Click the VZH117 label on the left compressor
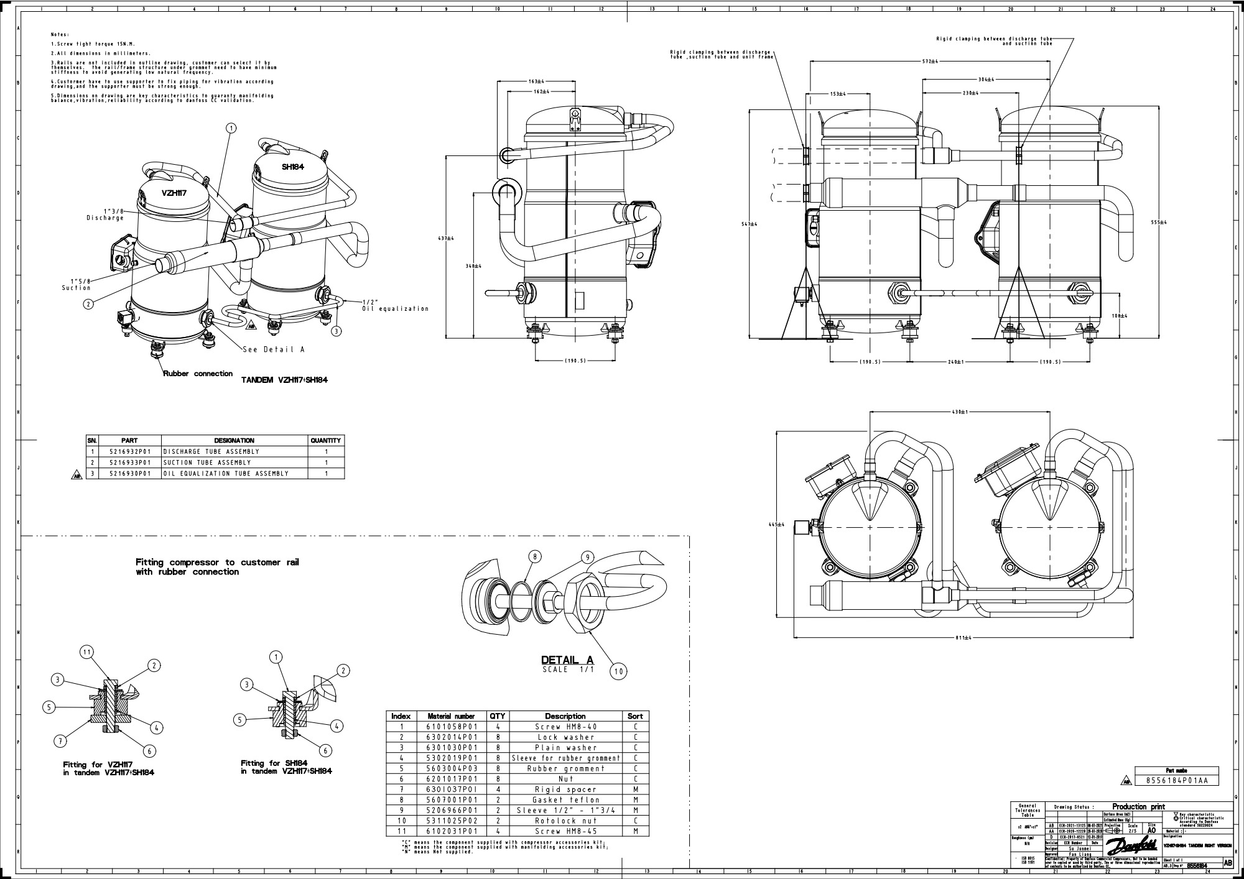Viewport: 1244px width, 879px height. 174,193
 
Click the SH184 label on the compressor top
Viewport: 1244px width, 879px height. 292,167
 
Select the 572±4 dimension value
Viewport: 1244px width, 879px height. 929,62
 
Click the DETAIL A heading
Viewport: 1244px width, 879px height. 567,660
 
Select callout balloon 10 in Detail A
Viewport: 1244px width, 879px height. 619,671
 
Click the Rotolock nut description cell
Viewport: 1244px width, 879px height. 565,821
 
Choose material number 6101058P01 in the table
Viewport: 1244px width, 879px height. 451,726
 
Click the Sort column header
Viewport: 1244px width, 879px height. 635,716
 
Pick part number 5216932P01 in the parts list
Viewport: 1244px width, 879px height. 129,451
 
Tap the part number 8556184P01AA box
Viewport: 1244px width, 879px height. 1177,781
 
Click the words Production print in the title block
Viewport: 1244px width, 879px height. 1138,807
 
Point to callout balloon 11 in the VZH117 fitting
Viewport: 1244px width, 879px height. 87,652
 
